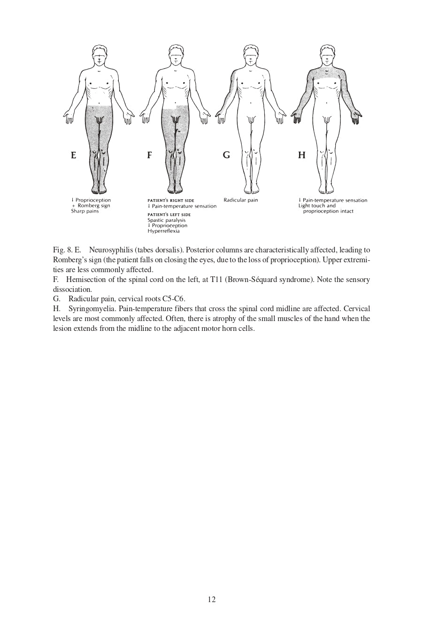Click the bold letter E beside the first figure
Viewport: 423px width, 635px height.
point(73,155)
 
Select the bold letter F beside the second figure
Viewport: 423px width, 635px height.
point(149,155)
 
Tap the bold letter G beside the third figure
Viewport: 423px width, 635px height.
point(226,155)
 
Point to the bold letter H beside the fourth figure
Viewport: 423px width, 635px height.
point(301,155)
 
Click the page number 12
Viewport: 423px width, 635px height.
point(211,599)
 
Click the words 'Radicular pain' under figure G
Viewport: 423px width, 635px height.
point(240,200)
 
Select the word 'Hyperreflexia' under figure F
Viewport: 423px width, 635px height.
point(163,231)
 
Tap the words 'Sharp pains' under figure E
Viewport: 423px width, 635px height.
point(85,212)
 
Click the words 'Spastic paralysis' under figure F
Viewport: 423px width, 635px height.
point(166,220)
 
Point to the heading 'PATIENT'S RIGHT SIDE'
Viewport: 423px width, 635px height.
point(170,201)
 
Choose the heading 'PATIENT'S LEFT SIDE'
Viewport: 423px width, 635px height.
point(169,215)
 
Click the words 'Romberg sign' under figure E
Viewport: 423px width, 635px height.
point(94,206)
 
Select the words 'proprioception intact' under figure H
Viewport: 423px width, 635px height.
point(328,212)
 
